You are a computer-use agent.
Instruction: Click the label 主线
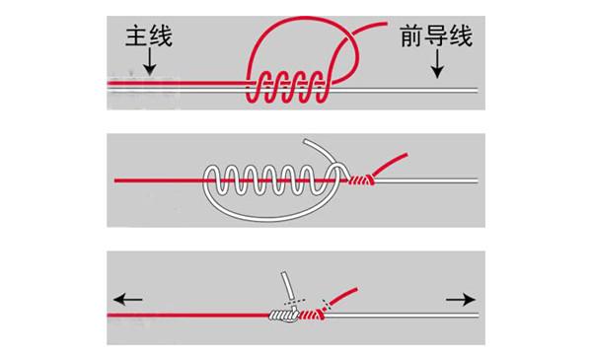(149, 37)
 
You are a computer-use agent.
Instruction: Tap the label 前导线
(436, 37)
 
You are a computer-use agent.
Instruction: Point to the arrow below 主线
(149, 63)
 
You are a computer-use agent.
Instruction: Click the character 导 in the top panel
(436, 37)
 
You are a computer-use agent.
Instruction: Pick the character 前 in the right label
(412, 37)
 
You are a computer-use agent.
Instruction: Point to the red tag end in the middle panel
(393, 162)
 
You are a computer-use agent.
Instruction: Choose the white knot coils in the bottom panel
(285, 316)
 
